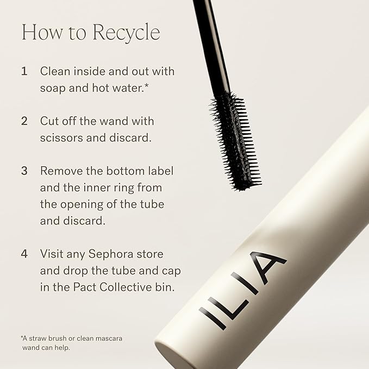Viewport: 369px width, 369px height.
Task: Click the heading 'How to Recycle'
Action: click(91, 33)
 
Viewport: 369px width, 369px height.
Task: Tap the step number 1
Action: click(24, 71)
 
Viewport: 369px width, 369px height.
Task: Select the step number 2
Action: click(24, 121)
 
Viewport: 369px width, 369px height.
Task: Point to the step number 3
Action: click(24, 171)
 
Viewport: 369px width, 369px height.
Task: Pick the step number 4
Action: click(24, 254)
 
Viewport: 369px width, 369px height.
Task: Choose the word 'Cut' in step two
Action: click(49, 121)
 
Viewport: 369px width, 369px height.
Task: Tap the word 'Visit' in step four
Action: click(52, 254)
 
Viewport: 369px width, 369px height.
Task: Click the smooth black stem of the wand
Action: click(210, 43)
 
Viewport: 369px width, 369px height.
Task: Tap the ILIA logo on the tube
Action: click(243, 290)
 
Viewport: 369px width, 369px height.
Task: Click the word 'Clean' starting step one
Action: click(55, 71)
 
